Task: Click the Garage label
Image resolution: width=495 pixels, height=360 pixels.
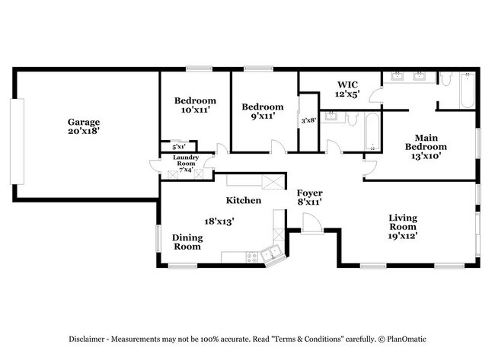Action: [84, 121]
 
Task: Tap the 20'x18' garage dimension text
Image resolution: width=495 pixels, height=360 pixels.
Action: [84, 131]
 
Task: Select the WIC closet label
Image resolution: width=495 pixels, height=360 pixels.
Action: [347, 84]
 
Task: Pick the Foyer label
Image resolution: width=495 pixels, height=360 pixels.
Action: [309, 193]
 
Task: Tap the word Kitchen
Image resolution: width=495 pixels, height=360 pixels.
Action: [244, 200]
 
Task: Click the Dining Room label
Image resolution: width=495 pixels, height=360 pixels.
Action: [187, 241]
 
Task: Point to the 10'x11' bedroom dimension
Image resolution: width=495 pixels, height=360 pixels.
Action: [195, 110]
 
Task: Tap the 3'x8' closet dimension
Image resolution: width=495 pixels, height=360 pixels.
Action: [308, 120]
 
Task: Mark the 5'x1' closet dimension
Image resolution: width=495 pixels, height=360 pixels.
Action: [178, 146]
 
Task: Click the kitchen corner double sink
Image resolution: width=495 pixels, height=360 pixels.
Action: [269, 253]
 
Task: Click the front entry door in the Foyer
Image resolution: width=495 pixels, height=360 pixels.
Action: [311, 222]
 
